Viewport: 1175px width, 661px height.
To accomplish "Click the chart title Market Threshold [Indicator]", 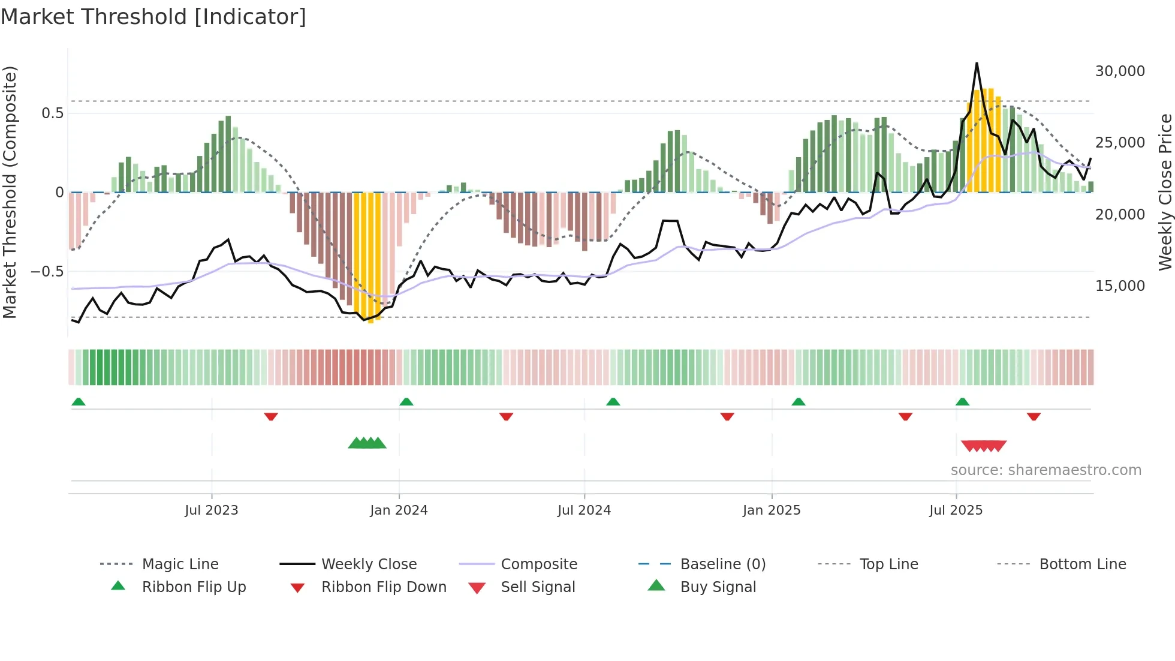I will click(153, 17).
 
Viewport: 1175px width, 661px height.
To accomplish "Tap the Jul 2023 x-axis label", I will click(211, 510).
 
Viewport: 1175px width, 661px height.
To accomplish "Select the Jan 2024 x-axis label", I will click(399, 510).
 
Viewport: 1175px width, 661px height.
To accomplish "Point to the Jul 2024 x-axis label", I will click(584, 510).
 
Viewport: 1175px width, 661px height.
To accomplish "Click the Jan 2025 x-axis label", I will click(772, 510).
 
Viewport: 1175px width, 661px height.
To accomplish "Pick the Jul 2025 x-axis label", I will click(956, 510).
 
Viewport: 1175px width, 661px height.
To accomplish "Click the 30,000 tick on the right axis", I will click(1120, 71).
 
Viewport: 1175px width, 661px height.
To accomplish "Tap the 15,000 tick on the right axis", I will click(1120, 286).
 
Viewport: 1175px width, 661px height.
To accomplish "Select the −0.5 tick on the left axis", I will click(47, 272).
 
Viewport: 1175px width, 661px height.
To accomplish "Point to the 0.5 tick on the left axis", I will click(52, 113).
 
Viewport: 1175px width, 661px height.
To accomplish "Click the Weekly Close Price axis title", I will click(1164, 192).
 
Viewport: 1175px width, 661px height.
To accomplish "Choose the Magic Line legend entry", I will click(180, 564).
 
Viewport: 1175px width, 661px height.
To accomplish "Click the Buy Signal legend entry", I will click(718, 587).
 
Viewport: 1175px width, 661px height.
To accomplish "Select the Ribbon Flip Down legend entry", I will click(384, 587).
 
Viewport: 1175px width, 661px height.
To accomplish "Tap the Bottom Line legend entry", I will click(1082, 564).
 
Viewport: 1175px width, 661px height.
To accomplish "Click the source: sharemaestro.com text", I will click(1046, 470).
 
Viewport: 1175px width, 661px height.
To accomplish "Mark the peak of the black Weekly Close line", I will click(977, 63).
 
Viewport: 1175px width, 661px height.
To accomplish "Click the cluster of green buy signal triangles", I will click(367, 443).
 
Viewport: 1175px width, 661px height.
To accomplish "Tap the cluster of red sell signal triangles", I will click(983, 446).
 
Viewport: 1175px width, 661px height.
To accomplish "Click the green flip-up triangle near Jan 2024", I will click(406, 401).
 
